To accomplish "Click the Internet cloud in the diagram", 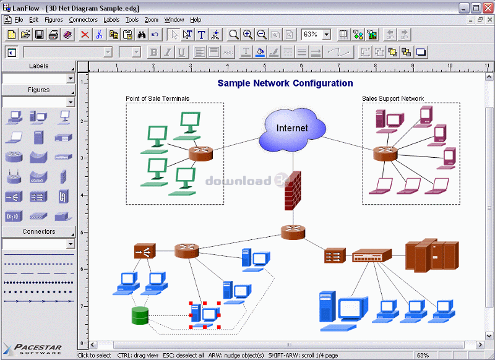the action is [292, 129].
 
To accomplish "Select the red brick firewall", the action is [293, 191].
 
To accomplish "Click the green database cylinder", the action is [140, 315].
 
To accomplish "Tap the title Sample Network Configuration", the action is [285, 84].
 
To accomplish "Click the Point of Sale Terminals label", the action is [158, 98].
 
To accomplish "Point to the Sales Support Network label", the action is [393, 98].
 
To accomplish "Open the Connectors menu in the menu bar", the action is [84, 20].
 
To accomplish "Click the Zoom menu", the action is [151, 20].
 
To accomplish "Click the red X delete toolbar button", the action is [85, 35].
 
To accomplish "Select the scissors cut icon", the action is [99, 35].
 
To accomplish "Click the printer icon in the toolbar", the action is [53, 35].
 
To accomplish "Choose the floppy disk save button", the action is [40, 35].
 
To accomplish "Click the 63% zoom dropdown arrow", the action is [327, 35].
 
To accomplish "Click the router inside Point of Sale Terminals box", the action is [200, 153].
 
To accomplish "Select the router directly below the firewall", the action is [293, 232].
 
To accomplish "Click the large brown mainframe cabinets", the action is [432, 255].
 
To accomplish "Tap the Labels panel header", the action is [39, 66].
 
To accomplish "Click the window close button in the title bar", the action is [488, 8].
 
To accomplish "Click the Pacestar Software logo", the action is [33, 349].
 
